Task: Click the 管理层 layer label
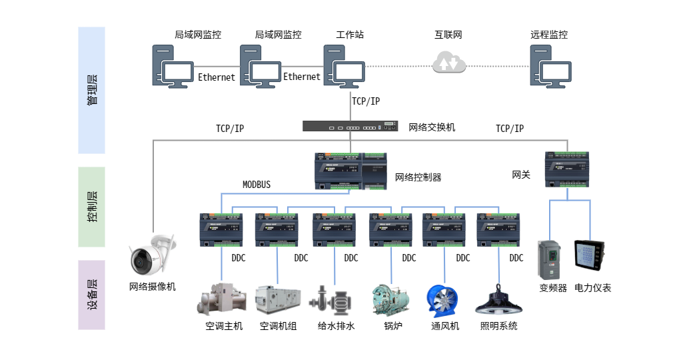pos(92,90)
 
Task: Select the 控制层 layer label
pos(92,207)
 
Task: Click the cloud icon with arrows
pos(449,63)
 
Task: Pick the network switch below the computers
pos(350,126)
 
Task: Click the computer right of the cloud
pos(550,67)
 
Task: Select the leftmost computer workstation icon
pos(172,67)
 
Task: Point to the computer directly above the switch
pos(344,67)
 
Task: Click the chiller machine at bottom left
pos(223,299)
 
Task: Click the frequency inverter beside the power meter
pos(550,259)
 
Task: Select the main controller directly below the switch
pos(350,171)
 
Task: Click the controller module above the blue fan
pos(444,229)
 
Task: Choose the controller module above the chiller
pos(223,229)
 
